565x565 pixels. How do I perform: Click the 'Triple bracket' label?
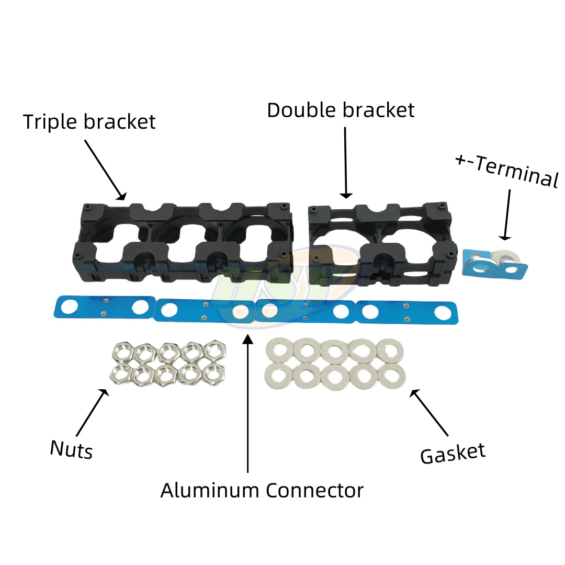pyautogui.click(x=89, y=122)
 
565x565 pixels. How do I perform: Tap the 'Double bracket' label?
pyautogui.click(x=341, y=110)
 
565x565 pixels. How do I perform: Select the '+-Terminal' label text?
pyautogui.click(x=507, y=171)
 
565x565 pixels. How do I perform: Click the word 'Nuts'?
pyautogui.click(x=71, y=450)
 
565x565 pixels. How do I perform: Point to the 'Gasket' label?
pyautogui.click(x=453, y=454)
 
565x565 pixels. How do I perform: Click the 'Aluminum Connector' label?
pyautogui.click(x=262, y=490)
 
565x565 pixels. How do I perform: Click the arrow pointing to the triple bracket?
pyautogui.click(x=106, y=169)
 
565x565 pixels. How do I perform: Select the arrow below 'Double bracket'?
pyautogui.click(x=346, y=163)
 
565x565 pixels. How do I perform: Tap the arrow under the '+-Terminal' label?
pyautogui.click(x=506, y=215)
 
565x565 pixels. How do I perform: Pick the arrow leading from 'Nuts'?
pyautogui.click(x=92, y=413)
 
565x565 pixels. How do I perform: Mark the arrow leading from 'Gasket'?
pyautogui.click(x=429, y=413)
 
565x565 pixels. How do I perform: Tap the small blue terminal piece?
pyautogui.click(x=494, y=263)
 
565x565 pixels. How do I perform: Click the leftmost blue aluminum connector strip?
pyautogui.click(x=105, y=308)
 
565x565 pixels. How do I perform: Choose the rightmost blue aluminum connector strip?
pyautogui.click(x=407, y=312)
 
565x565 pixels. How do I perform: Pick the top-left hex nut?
pyautogui.click(x=122, y=352)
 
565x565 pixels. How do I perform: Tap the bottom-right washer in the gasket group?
pyautogui.click(x=392, y=376)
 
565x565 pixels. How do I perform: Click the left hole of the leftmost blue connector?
pyautogui.click(x=70, y=307)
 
